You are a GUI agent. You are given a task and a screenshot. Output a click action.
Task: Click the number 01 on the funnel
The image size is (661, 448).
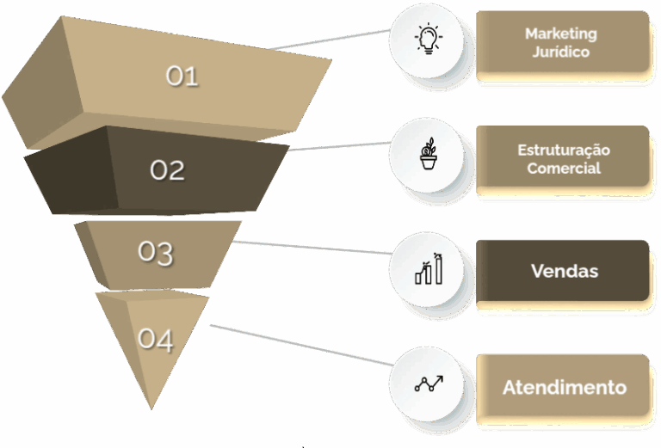click(182, 77)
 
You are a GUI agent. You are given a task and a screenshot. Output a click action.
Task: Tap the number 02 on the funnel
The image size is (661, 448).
click(168, 170)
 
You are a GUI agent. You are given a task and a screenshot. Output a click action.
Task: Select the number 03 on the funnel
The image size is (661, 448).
click(156, 253)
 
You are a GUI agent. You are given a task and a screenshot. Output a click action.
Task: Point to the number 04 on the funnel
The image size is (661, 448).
click(156, 340)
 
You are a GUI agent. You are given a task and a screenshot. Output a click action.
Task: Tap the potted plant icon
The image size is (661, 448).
click(428, 156)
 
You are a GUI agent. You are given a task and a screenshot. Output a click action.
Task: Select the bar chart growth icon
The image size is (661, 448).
click(429, 269)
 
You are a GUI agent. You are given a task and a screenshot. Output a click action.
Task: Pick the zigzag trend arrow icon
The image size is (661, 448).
click(428, 384)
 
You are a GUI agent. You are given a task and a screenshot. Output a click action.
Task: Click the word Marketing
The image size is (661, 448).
click(561, 34)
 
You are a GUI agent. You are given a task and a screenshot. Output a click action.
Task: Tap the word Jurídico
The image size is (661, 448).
click(561, 52)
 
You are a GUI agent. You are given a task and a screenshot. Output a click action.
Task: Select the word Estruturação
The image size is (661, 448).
click(564, 150)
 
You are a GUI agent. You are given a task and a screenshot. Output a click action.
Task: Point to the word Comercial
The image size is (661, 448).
click(564, 169)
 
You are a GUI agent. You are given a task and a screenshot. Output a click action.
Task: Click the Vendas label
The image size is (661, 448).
click(564, 271)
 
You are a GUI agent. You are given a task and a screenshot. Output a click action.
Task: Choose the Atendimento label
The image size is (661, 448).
click(564, 387)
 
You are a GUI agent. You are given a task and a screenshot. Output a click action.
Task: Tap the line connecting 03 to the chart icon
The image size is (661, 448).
click(310, 248)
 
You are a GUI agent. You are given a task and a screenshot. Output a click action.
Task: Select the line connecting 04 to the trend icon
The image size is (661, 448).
click(301, 348)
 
